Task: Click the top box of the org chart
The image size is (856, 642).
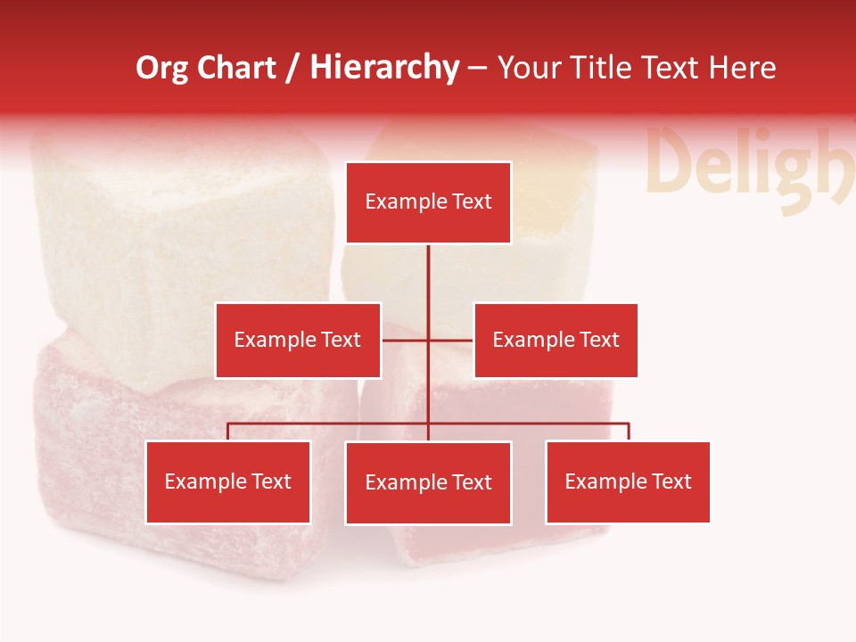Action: click(428, 202)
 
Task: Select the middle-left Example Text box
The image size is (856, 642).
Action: click(298, 341)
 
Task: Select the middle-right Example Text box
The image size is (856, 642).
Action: click(556, 341)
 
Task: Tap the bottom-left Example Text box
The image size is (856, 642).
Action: click(228, 482)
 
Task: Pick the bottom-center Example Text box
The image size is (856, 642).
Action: click(428, 483)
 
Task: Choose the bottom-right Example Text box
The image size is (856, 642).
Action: click(628, 482)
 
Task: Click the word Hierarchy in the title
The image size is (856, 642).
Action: click(384, 69)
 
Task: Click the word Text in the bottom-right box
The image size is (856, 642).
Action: click(671, 482)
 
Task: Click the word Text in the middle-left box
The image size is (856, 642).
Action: click(342, 341)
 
